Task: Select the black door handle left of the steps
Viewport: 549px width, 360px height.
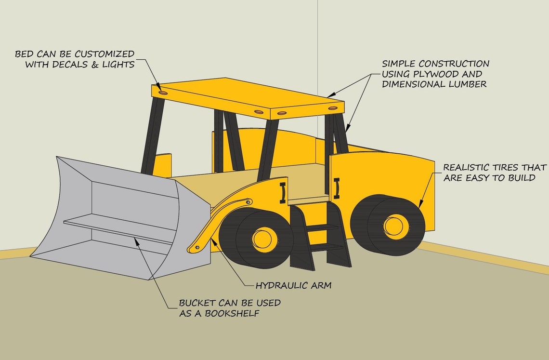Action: (x=283, y=191)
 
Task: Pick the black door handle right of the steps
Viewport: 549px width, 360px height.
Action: (x=337, y=187)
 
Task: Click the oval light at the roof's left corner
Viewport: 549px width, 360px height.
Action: (x=163, y=92)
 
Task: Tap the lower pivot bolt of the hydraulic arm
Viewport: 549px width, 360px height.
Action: (x=196, y=248)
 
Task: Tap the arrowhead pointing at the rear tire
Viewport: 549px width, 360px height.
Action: (x=420, y=205)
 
